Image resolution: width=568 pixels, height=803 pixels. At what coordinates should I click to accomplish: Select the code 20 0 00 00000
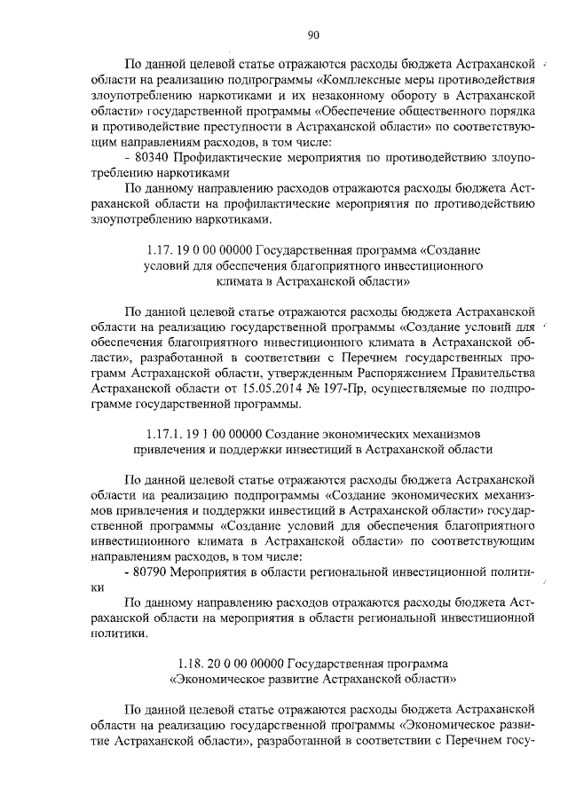click(252, 663)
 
